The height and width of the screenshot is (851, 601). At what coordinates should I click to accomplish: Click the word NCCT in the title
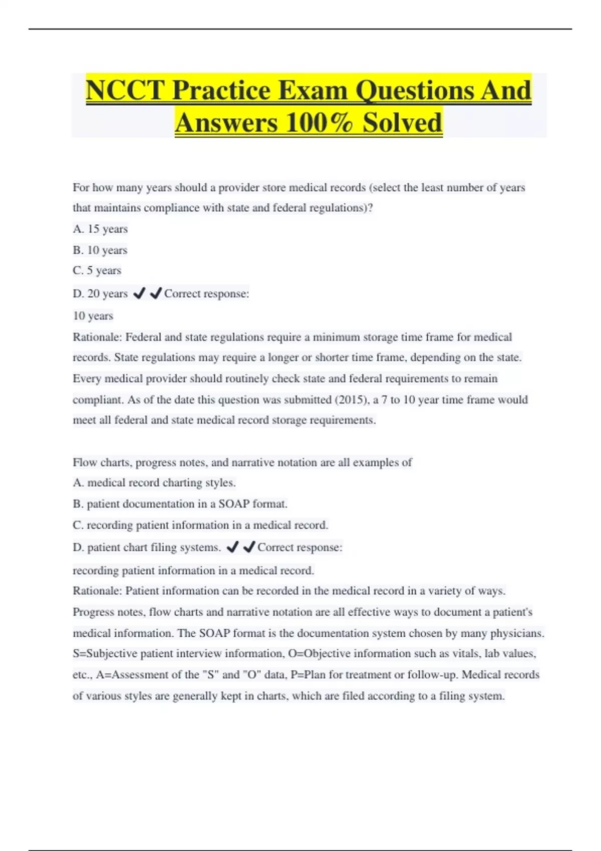(x=125, y=91)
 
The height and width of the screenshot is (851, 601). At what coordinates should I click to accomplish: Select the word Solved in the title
(x=402, y=123)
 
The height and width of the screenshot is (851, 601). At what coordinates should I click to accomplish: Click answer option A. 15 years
(x=100, y=229)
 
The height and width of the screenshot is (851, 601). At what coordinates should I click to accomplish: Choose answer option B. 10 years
(x=100, y=250)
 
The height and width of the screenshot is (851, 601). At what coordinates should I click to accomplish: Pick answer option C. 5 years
(x=97, y=270)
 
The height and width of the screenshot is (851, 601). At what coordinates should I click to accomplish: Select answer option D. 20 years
(x=100, y=294)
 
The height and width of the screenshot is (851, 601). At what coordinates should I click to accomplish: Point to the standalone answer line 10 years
(x=93, y=316)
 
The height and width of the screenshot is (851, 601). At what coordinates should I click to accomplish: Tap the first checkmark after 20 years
(x=139, y=293)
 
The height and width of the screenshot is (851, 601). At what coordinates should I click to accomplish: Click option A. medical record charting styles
(x=154, y=483)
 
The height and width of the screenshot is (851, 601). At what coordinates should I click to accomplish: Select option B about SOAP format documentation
(x=180, y=504)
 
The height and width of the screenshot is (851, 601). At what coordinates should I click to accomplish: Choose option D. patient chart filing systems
(x=147, y=547)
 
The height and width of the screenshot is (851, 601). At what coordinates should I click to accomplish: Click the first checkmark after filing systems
(x=232, y=547)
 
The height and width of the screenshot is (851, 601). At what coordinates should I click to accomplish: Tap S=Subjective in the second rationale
(x=105, y=653)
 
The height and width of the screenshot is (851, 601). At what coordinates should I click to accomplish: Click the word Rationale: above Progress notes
(x=97, y=591)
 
